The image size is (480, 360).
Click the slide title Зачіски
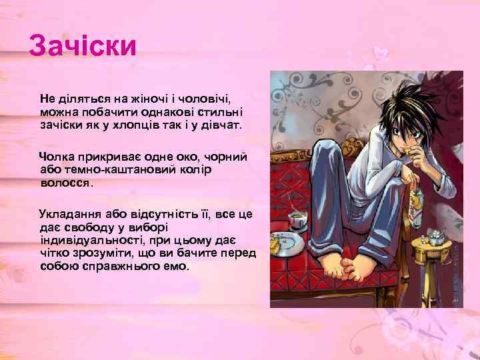click(83, 47)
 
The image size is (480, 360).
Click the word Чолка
click(57, 156)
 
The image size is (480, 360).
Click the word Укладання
click(69, 213)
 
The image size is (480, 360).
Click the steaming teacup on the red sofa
click(295, 219)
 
